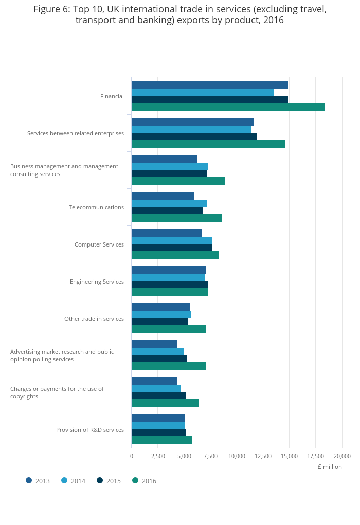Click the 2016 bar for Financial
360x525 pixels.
tap(228, 107)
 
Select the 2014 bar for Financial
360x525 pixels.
tap(203, 92)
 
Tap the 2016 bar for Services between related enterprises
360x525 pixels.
tap(208, 144)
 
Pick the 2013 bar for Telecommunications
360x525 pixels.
tap(163, 196)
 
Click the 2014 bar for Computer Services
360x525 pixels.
tap(172, 240)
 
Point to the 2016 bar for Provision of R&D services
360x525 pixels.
tap(161, 440)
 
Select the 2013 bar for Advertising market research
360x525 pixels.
tap(154, 344)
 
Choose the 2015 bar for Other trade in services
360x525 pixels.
tap(159, 322)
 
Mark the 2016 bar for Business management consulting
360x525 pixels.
tap(178, 181)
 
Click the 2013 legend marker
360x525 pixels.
tap(29, 480)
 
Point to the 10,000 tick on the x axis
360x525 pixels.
tap(237, 456)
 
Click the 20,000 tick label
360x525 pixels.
tap(342, 456)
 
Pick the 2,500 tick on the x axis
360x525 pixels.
tap(158, 456)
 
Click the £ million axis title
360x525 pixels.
tap(329, 467)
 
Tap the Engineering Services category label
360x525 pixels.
tap(97, 282)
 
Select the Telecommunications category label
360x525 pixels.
tap(96, 207)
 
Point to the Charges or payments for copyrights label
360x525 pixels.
tap(57, 392)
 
